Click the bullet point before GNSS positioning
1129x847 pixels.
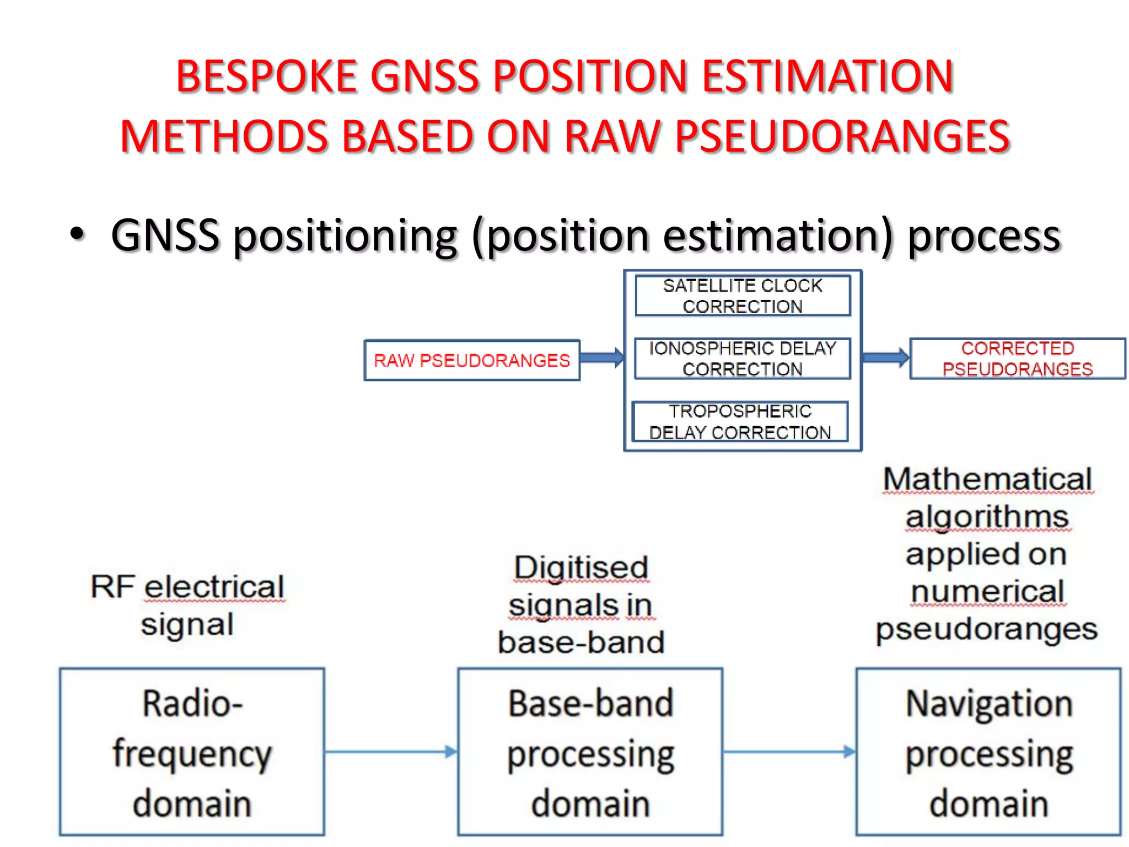coord(78,234)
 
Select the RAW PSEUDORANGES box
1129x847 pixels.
coord(472,361)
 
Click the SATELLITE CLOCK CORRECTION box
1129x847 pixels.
coord(743,296)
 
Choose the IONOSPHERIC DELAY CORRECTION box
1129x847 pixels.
coord(743,359)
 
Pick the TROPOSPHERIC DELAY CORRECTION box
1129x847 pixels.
coord(740,422)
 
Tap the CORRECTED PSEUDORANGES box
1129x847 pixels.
coord(1018,359)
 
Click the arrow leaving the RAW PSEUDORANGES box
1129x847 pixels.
coord(601,358)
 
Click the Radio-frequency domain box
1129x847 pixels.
coord(192,752)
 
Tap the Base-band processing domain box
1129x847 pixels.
coord(590,752)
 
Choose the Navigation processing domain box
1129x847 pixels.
coord(988,752)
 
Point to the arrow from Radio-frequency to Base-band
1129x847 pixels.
coord(390,752)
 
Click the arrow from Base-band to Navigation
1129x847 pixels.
coord(789,752)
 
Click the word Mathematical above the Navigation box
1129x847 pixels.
coord(987,479)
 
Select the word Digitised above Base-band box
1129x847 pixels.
coord(581,568)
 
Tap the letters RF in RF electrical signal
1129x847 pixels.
coord(112,587)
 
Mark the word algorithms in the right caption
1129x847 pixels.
coord(987,517)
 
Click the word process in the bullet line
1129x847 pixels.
coord(984,236)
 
